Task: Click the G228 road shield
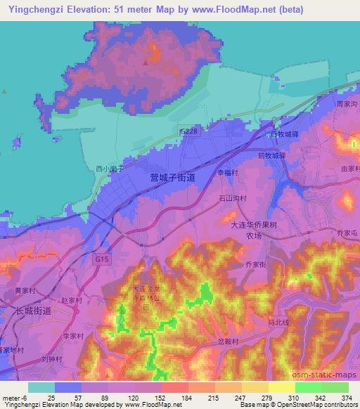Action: (x=189, y=132)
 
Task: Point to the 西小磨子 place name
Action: (x=110, y=169)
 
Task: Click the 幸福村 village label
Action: (x=228, y=171)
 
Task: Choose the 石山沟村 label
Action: (x=232, y=199)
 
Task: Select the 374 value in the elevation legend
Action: (x=347, y=398)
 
